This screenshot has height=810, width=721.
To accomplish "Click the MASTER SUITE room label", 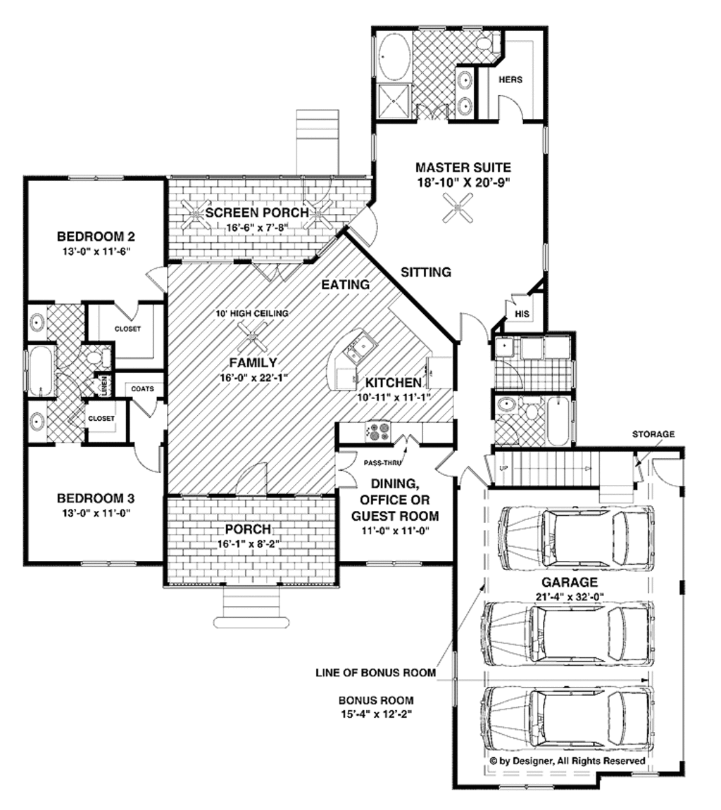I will pos(463,167).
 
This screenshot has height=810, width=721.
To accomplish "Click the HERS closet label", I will pos(510,80).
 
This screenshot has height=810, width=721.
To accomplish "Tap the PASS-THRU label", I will pos(378,464).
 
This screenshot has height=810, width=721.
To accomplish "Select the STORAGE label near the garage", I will pos(653,434).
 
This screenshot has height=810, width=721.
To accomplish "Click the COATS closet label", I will pos(142,389).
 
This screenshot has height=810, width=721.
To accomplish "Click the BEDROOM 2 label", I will pos(96,236).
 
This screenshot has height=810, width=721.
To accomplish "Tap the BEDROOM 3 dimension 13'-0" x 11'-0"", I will pos(96,513).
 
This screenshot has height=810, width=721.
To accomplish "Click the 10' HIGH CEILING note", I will pos(251,313).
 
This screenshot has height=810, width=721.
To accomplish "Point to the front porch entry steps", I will pos(252,605).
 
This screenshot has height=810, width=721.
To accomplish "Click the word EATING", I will pos(346,285).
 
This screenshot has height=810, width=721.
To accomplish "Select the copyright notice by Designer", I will pos(568,761).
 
